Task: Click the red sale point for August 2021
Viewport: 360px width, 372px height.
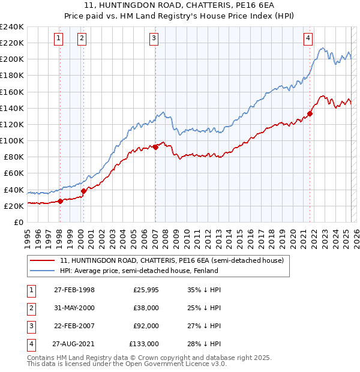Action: click(x=310, y=113)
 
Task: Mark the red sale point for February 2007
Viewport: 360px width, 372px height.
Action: click(x=155, y=146)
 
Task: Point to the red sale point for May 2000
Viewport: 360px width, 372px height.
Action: click(x=83, y=191)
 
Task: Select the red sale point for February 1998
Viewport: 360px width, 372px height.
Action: click(x=60, y=201)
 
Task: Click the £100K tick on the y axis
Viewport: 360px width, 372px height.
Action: click(x=12, y=140)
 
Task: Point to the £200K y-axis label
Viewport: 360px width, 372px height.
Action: click(x=12, y=59)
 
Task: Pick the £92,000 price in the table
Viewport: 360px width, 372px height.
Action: click(x=146, y=326)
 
